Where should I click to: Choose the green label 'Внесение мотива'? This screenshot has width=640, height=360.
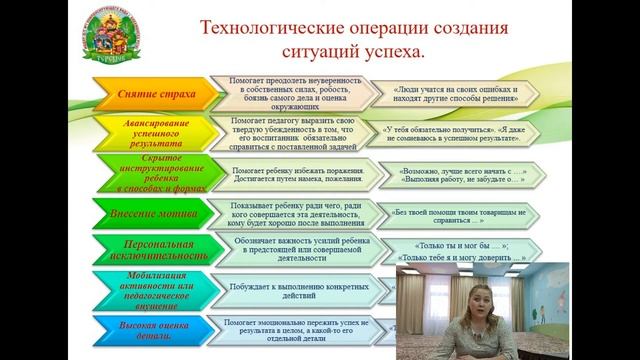point(150,212)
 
